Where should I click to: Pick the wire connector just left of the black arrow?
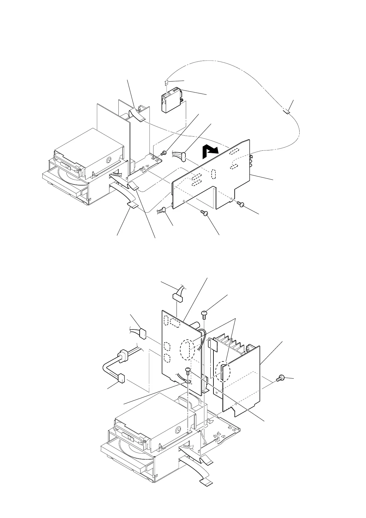coord(184,156)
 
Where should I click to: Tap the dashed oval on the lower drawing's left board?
coord(187,349)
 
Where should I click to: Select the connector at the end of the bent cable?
coord(121,378)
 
